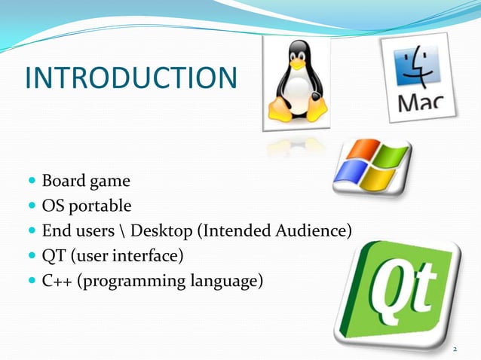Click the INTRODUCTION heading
130,78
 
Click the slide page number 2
455,349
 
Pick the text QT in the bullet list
53,257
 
